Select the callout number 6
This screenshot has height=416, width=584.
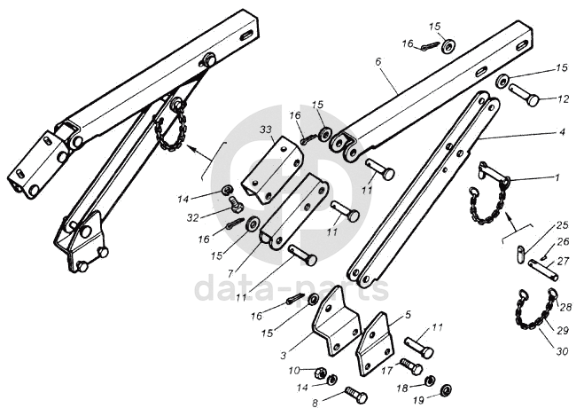point(378,63)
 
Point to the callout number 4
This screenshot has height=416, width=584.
point(562,132)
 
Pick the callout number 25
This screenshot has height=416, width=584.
point(562,226)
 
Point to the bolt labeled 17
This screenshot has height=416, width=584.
point(410,366)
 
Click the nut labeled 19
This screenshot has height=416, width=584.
point(446,389)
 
